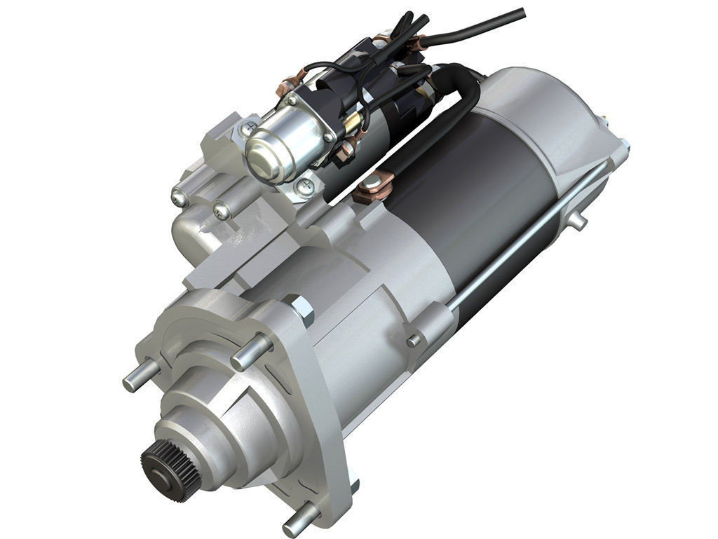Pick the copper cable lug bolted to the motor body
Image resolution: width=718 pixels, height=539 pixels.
click(371, 187)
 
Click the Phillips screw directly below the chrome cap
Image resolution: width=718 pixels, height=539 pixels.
click(305, 186)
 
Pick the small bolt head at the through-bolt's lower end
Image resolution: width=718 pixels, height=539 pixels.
click(414, 341)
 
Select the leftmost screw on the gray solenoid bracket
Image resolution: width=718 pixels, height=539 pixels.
click(181, 198)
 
